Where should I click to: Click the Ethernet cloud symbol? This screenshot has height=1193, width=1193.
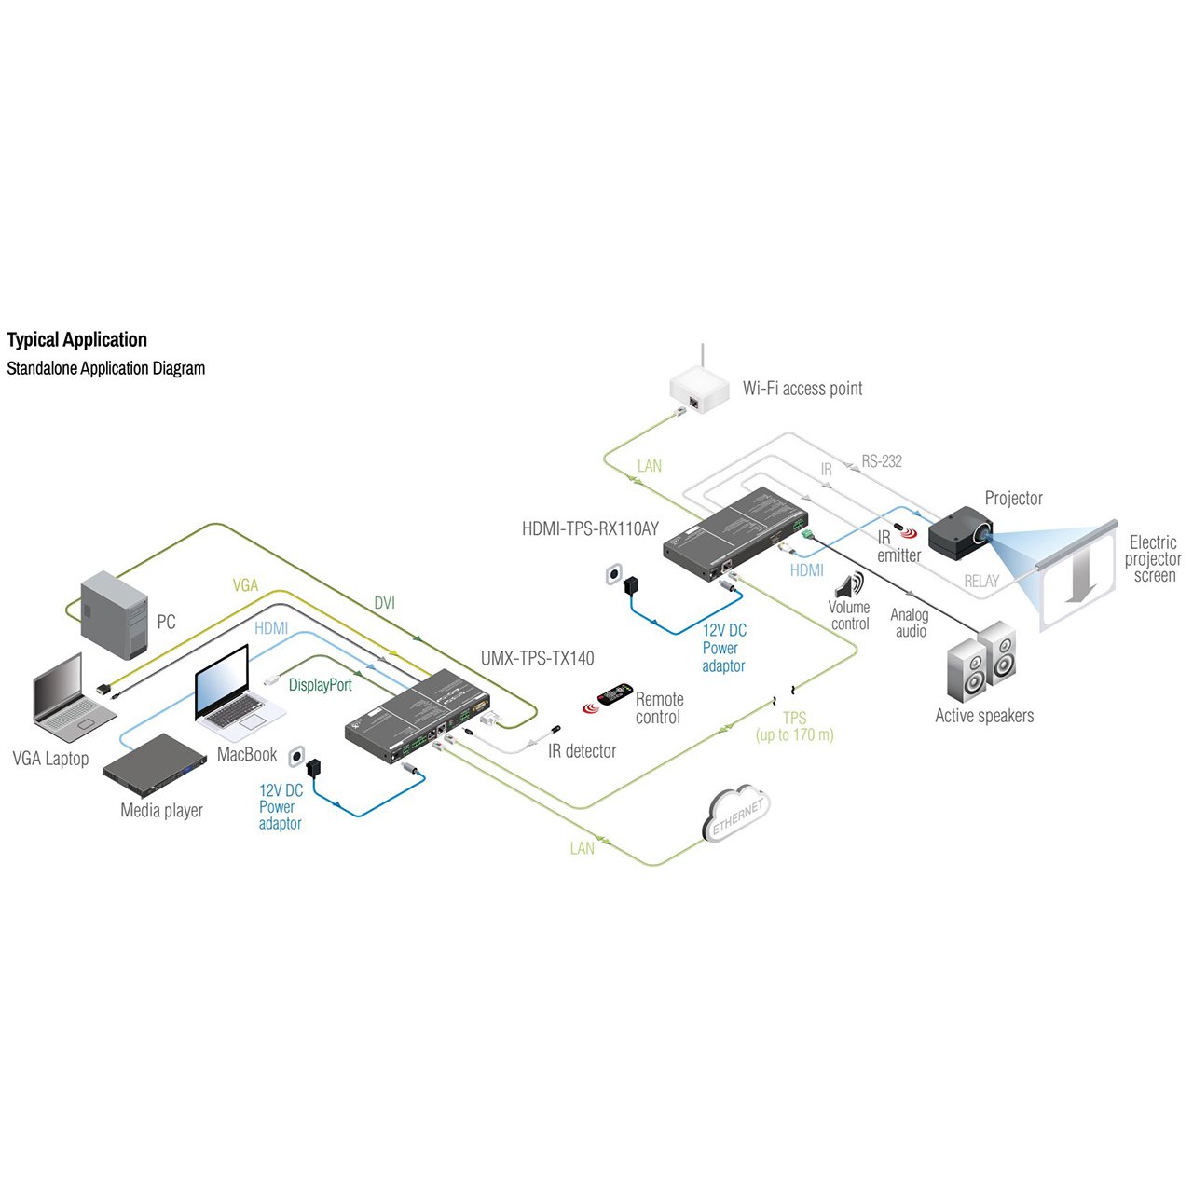737,814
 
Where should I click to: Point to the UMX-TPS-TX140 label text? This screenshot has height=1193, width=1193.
537,659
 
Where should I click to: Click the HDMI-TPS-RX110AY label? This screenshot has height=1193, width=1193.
590,529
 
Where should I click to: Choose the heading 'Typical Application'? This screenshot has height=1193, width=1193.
77,340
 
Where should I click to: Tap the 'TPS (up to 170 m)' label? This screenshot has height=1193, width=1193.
794,727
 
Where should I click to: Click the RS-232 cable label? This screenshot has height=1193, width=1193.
881,461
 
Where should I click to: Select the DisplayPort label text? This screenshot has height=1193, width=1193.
320,685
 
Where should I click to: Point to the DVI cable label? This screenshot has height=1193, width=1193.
384,603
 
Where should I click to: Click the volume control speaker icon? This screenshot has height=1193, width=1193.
849,586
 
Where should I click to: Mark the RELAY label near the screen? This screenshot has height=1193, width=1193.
980,582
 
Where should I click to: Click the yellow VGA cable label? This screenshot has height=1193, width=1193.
245,585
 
